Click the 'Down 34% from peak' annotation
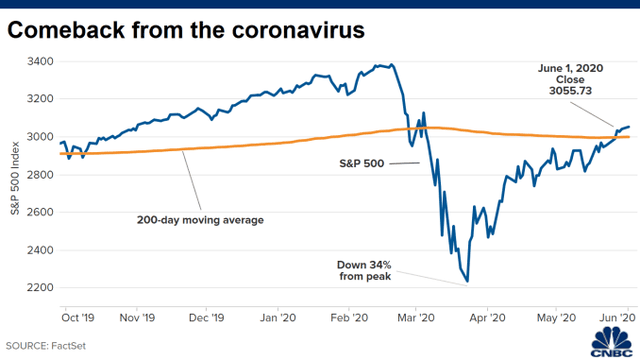click(384, 270)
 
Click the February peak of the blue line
click(391, 65)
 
